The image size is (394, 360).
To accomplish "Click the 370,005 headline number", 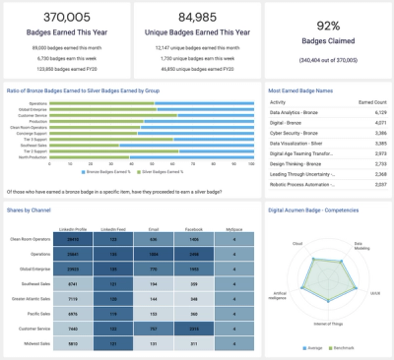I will tap(66, 18).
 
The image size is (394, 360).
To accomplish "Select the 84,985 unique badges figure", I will tap(197, 18).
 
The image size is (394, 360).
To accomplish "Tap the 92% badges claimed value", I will tap(328, 26).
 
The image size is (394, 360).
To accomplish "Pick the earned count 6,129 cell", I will tap(372, 113).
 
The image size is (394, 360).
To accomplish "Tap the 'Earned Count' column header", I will tap(365, 101).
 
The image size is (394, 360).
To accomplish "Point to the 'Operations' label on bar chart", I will tap(40, 102).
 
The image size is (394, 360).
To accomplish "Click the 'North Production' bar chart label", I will tap(35, 158).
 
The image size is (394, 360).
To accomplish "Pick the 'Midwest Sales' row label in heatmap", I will tap(34, 342).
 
